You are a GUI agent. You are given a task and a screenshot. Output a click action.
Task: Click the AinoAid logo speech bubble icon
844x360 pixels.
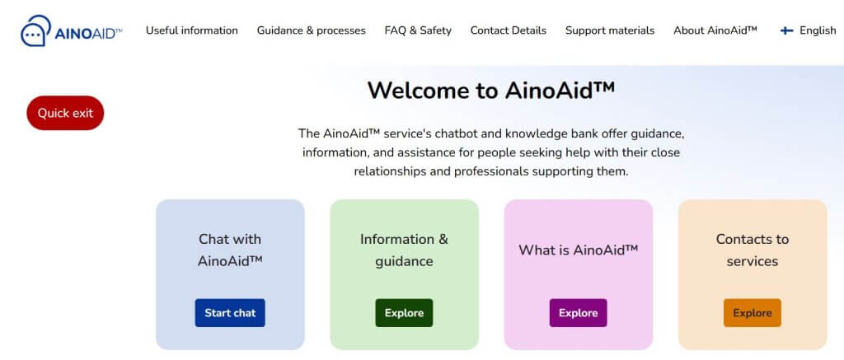point(35,31)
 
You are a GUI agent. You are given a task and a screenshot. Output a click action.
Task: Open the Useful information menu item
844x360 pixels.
point(192,30)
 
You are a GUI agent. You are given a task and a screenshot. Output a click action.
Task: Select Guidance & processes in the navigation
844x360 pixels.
point(311,30)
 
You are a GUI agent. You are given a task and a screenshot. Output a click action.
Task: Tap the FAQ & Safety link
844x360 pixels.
point(418,30)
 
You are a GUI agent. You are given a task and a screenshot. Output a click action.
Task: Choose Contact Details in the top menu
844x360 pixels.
point(508,30)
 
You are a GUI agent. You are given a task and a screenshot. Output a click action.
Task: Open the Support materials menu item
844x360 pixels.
point(609,30)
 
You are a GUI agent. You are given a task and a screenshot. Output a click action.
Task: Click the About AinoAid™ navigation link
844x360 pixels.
point(715,30)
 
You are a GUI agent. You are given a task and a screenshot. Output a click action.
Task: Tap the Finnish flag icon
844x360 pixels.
point(787,30)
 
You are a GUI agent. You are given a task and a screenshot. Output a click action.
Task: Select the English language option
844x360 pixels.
point(818,30)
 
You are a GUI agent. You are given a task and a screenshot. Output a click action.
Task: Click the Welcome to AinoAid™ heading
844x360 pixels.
point(491,90)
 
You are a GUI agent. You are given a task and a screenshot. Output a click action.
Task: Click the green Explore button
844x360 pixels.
point(404,313)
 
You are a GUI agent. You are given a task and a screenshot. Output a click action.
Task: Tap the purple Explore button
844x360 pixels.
point(578,313)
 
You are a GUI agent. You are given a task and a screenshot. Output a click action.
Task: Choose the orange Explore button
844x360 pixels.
point(752,313)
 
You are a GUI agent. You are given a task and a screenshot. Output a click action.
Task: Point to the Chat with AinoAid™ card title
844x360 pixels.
point(230,250)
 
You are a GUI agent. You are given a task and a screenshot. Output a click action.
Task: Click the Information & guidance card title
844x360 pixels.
point(404,250)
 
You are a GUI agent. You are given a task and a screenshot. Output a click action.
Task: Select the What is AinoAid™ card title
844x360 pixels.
point(578,250)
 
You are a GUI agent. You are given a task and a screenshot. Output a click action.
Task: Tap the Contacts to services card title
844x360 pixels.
point(752,250)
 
